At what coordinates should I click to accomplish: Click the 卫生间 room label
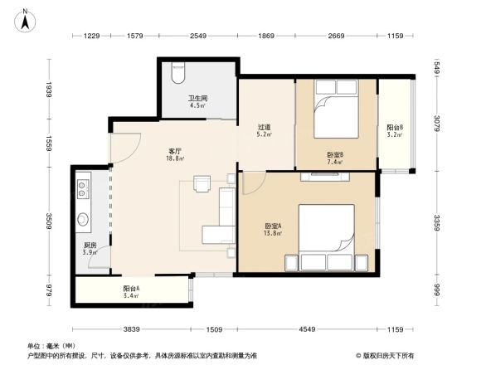pos(197,99)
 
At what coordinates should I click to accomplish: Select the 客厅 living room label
pos(175,152)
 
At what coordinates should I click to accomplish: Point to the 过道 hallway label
pos(265,128)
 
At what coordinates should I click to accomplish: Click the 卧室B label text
pos(335,155)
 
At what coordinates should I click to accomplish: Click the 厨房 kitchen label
pos(90,246)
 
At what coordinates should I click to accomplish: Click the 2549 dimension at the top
pos(197,36)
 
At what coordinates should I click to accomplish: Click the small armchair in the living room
pos(202,182)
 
